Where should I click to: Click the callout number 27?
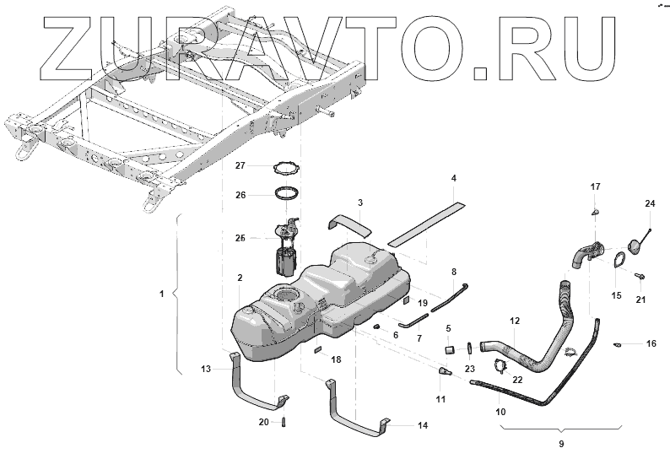(x=240, y=165)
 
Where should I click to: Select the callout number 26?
(x=240, y=195)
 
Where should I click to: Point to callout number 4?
(x=453, y=179)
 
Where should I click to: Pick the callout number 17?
(x=595, y=186)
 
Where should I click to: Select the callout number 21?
(x=640, y=300)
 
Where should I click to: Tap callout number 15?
(x=615, y=295)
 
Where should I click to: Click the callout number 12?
(x=515, y=321)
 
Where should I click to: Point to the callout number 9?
(x=560, y=443)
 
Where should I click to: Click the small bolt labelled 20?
(x=285, y=421)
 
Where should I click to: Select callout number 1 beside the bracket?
(x=160, y=294)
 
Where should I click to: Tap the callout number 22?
(x=517, y=381)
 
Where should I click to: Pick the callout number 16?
(x=651, y=344)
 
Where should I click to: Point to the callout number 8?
(x=453, y=272)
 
